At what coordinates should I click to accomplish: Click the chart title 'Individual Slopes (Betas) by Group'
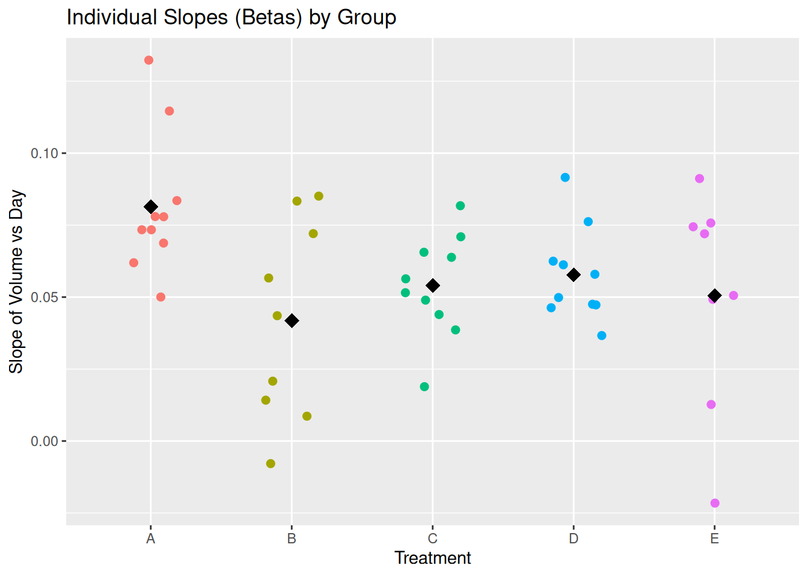tap(231, 17)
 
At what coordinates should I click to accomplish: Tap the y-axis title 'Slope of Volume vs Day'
tap(16, 281)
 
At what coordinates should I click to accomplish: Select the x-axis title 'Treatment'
tap(432, 558)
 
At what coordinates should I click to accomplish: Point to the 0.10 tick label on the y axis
tap(44, 153)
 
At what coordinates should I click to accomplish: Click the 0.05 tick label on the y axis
tap(44, 297)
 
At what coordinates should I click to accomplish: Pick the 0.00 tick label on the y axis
tap(44, 441)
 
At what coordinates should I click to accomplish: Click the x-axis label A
tap(151, 539)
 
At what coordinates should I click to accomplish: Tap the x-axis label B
tap(292, 539)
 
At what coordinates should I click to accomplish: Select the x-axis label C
tap(432, 539)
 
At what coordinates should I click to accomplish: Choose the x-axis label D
tap(574, 539)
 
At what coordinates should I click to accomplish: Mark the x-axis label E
tap(714, 539)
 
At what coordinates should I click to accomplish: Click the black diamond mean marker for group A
tap(151, 207)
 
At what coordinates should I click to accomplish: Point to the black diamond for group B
tap(292, 321)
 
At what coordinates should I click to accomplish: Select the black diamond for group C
tap(432, 285)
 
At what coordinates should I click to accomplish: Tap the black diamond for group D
tap(574, 275)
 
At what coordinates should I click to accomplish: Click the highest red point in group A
tap(148, 60)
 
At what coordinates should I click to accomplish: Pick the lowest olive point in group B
tap(271, 463)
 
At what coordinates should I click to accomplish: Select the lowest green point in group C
tap(424, 386)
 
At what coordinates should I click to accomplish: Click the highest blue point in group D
tap(565, 177)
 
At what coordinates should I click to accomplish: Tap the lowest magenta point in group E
tap(715, 503)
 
